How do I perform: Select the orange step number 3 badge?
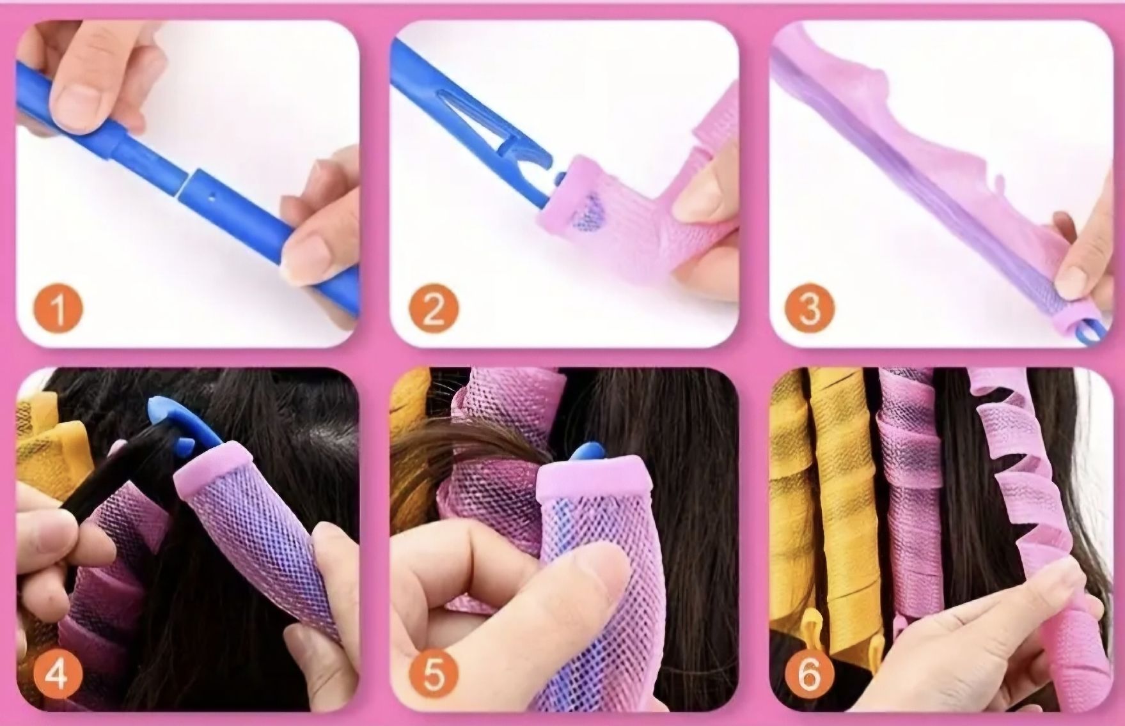tap(810, 307)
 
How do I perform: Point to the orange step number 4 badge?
tap(57, 675)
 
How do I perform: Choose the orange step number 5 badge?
tap(433, 675)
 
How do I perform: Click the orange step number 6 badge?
tap(809, 675)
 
